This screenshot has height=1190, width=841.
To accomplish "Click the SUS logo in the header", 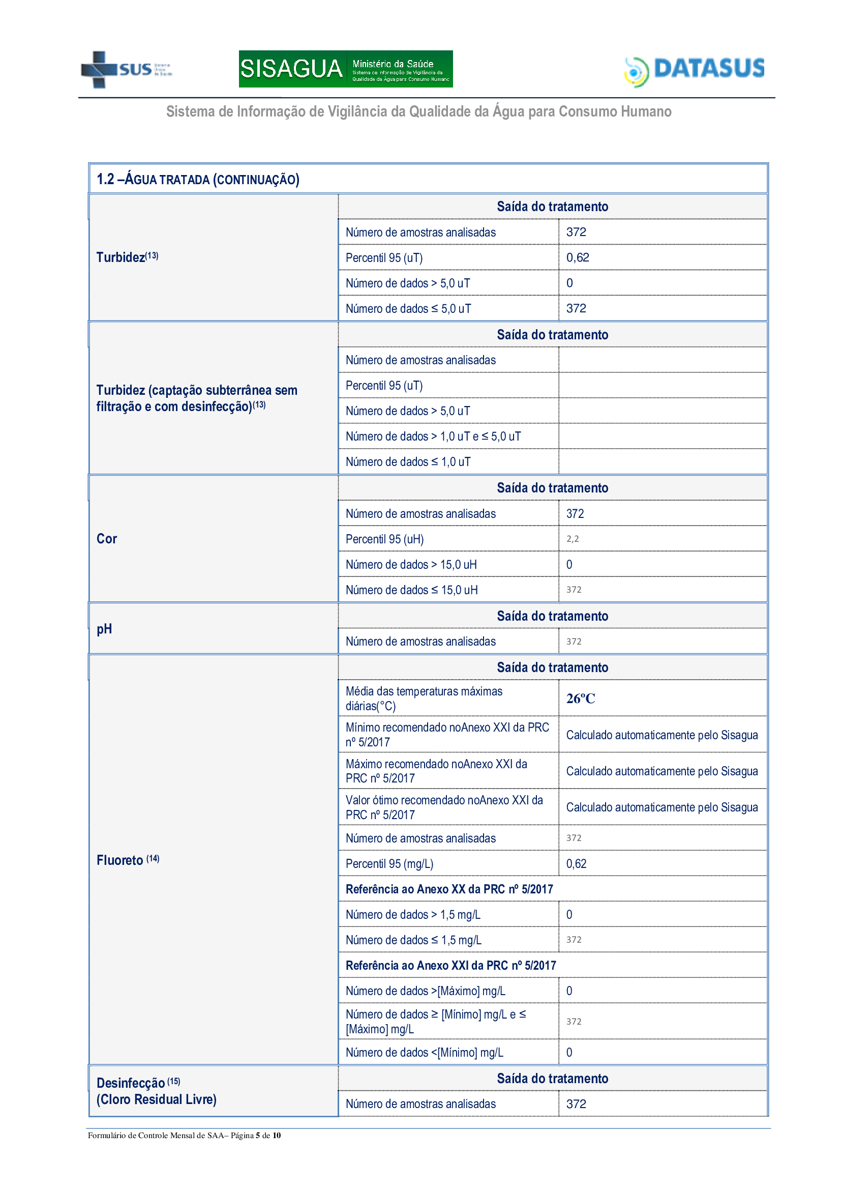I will click(x=126, y=70).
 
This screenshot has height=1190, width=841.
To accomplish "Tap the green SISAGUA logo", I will click(x=345, y=69).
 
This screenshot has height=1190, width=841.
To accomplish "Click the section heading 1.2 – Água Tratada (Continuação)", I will click(x=198, y=179).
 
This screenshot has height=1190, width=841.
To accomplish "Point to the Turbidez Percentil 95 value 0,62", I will click(x=578, y=257).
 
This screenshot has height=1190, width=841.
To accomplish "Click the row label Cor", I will click(x=107, y=539).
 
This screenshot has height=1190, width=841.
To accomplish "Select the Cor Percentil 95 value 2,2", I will click(x=572, y=539).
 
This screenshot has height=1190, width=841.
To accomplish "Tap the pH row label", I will click(x=104, y=629).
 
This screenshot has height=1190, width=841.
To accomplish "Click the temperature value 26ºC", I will click(x=581, y=699).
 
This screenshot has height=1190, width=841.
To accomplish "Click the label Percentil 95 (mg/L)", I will click(x=389, y=863).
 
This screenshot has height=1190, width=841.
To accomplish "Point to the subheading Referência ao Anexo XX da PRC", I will click(x=449, y=889).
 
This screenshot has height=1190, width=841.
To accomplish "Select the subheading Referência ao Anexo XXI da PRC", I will click(x=450, y=965).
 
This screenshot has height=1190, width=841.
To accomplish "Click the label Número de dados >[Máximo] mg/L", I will click(x=425, y=991).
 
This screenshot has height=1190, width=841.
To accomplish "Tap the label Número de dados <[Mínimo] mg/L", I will click(x=424, y=1052).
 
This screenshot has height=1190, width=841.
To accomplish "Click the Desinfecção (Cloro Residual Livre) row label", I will click(x=157, y=1090).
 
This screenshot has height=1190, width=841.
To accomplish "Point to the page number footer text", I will click(x=184, y=1135).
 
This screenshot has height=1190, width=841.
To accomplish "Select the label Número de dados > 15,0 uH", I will click(x=411, y=564).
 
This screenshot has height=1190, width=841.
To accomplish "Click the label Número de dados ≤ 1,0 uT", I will click(x=408, y=462).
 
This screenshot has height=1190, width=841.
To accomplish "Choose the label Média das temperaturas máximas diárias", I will click(x=424, y=698).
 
